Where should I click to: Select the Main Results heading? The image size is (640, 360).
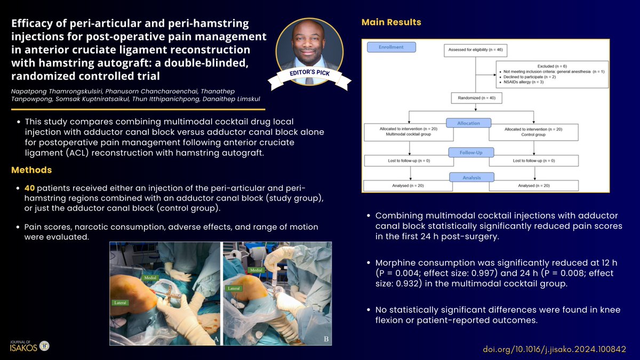391,22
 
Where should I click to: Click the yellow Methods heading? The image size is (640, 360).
31,170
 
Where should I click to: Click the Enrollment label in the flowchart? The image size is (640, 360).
391,47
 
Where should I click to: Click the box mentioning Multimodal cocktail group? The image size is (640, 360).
409,132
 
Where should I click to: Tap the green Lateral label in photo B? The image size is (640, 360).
234,288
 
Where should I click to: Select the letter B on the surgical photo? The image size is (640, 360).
325,339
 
